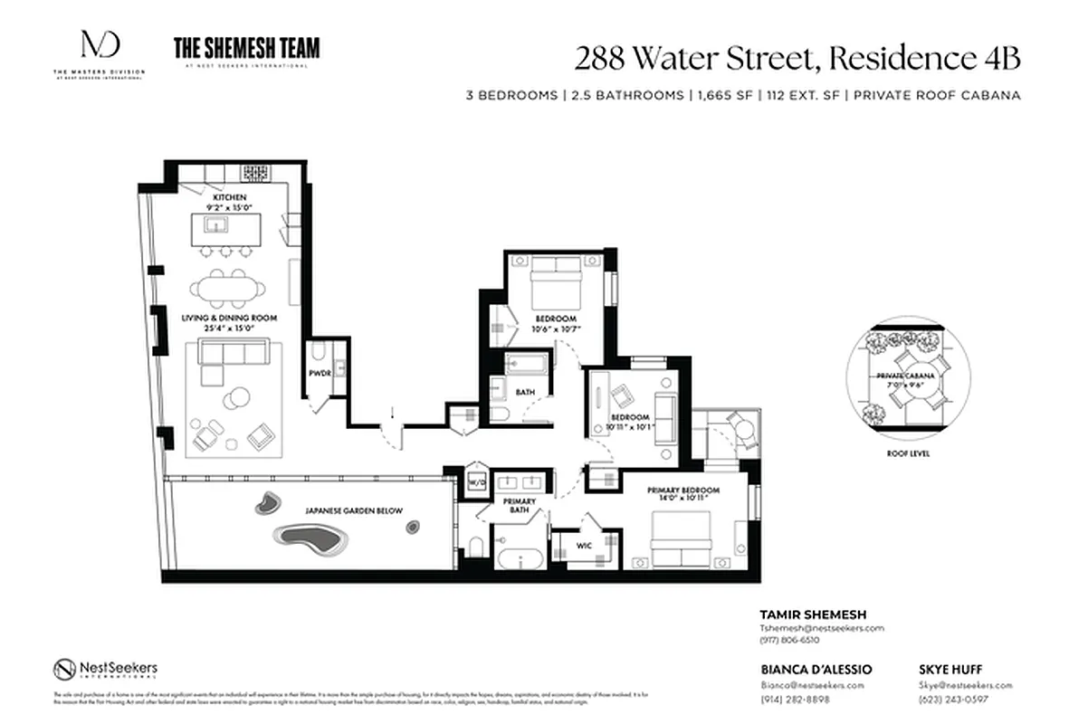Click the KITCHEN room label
coord(229,197)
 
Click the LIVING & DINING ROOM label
coord(229,319)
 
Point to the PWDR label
coord(318,373)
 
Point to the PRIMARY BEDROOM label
coord(683,491)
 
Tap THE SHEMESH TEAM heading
coord(246,48)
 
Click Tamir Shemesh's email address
coord(822,628)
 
